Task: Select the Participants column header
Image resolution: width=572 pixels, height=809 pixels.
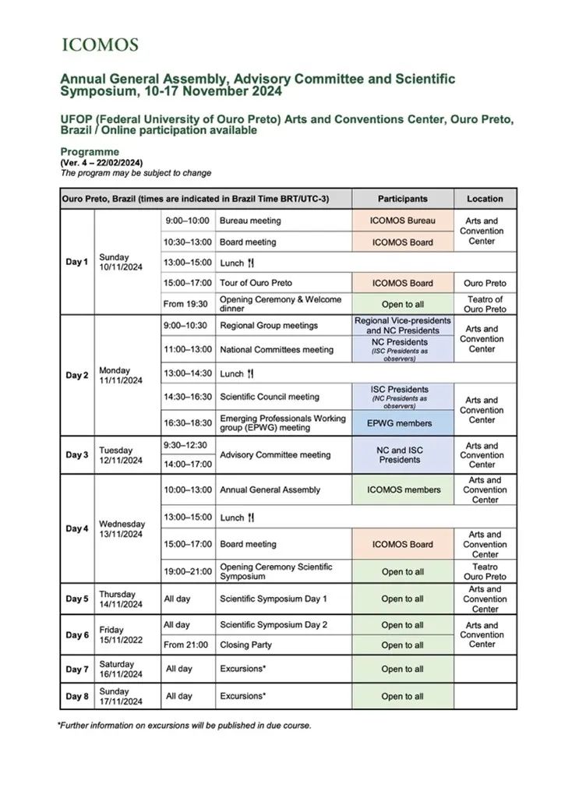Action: pyautogui.click(x=403, y=199)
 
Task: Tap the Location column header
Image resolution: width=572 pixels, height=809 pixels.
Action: pyautogui.click(x=485, y=199)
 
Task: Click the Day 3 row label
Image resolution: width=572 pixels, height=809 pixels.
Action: pyautogui.click(x=76, y=455)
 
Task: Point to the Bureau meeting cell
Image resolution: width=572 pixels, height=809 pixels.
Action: pyautogui.click(x=250, y=221)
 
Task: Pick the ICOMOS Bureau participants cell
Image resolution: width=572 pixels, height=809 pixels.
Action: pyautogui.click(x=403, y=221)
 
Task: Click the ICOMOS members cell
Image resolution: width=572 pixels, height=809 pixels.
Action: pyautogui.click(x=403, y=490)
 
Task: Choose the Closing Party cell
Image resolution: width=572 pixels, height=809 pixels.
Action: pyautogui.click(x=245, y=645)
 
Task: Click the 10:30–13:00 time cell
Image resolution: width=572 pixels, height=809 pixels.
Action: pyautogui.click(x=187, y=242)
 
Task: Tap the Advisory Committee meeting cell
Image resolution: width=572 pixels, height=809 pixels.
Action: pyautogui.click(x=275, y=455)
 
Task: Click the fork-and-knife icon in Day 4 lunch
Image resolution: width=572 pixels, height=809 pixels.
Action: pyautogui.click(x=250, y=518)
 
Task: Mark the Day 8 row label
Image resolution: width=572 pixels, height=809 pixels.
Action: pyautogui.click(x=76, y=697)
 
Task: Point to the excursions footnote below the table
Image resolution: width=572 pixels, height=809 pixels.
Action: pyautogui.click(x=184, y=726)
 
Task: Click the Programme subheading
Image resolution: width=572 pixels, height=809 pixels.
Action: pyautogui.click(x=90, y=152)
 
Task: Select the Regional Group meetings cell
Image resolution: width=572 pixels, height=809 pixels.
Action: pyautogui.click(x=268, y=325)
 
